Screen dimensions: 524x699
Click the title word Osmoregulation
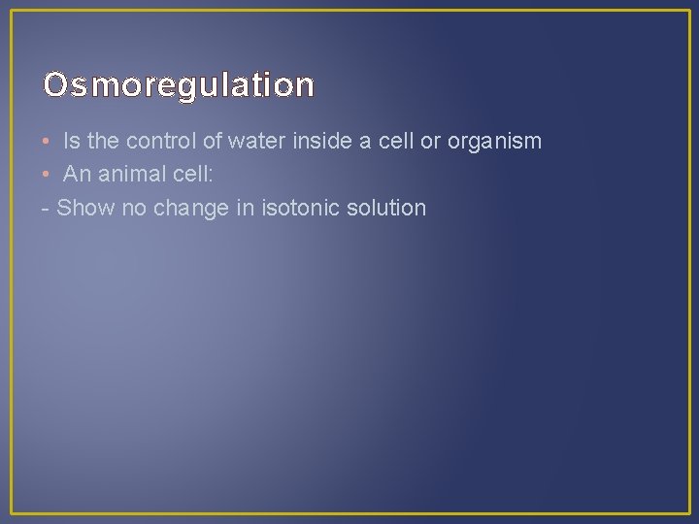click(179, 86)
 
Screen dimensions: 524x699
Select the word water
click(258, 142)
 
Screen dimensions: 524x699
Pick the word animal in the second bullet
click(128, 175)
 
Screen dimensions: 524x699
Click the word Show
click(85, 208)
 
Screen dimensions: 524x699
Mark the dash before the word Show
click(47, 209)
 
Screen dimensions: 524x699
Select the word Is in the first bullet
click(71, 142)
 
